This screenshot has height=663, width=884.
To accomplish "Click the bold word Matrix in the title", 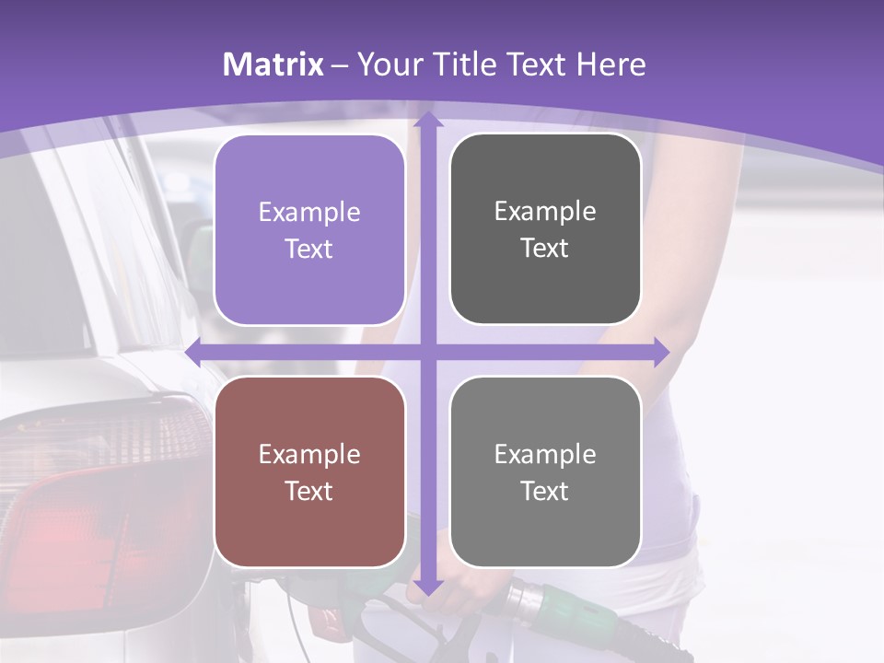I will pyautogui.click(x=273, y=64).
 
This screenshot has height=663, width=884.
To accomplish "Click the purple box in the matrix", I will pyautogui.click(x=309, y=230).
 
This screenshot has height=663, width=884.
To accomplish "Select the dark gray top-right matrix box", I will pyautogui.click(x=545, y=229).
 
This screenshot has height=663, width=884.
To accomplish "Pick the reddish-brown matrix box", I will pyautogui.click(x=309, y=471).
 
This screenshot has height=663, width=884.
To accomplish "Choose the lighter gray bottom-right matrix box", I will pyautogui.click(x=545, y=471).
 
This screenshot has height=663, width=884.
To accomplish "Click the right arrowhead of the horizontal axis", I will pyautogui.click(x=661, y=352).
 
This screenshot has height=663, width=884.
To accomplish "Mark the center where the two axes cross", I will pyautogui.click(x=427, y=352).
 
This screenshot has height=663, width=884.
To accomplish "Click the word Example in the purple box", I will pyautogui.click(x=309, y=213).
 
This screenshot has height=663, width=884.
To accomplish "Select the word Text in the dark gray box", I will pyautogui.click(x=545, y=249).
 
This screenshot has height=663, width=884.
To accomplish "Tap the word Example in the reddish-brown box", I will pyautogui.click(x=309, y=454).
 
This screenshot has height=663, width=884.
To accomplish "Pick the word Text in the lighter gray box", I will pyautogui.click(x=545, y=491).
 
